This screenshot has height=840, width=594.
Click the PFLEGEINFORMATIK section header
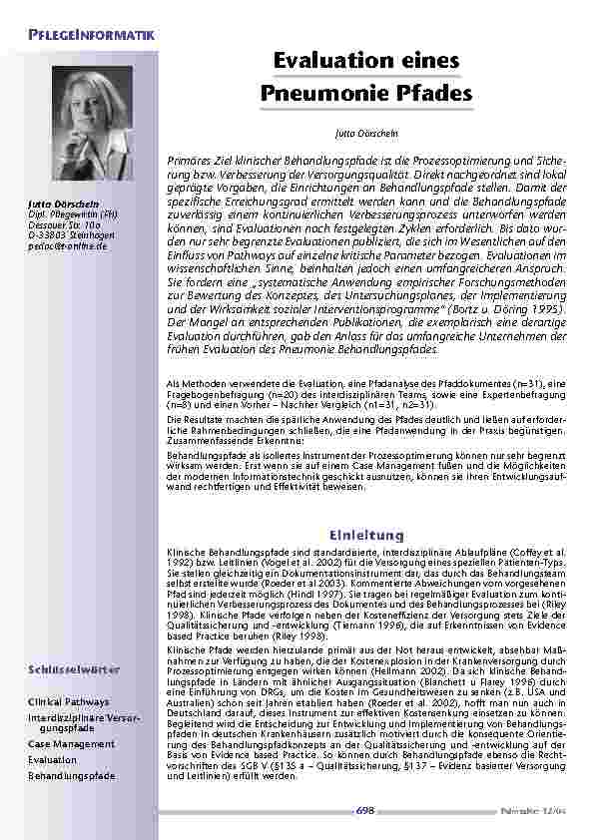(x=91, y=37)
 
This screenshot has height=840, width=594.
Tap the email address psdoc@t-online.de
(x=67, y=245)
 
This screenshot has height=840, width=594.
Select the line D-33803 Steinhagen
(x=69, y=235)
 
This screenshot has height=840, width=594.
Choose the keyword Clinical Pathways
(x=69, y=702)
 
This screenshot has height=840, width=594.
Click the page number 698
(x=365, y=811)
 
